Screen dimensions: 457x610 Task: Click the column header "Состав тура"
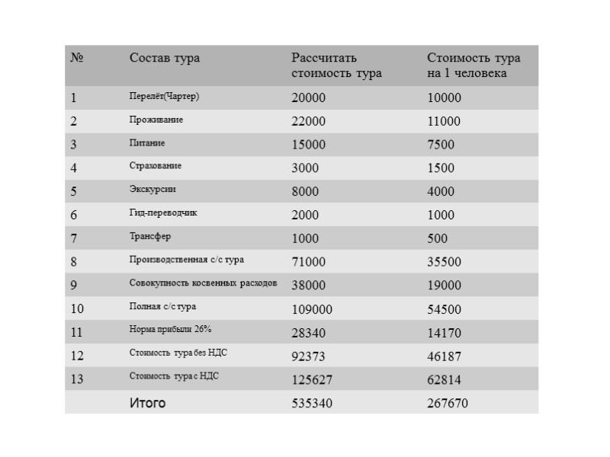[x=165, y=59]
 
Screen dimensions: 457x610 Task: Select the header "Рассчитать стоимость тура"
[x=336, y=66]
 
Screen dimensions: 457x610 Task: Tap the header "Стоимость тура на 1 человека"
[x=473, y=66]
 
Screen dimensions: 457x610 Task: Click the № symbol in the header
[x=76, y=59]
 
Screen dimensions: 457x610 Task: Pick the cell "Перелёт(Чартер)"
[x=164, y=97]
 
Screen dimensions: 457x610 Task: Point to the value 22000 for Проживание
[x=308, y=122]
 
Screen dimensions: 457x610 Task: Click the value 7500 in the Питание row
[x=440, y=145]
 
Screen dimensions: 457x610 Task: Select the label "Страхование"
[x=156, y=166]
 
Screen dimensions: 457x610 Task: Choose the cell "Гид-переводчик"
[x=163, y=213]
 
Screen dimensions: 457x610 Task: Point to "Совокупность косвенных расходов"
[x=203, y=283]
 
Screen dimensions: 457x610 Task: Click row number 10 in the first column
[x=77, y=309]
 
